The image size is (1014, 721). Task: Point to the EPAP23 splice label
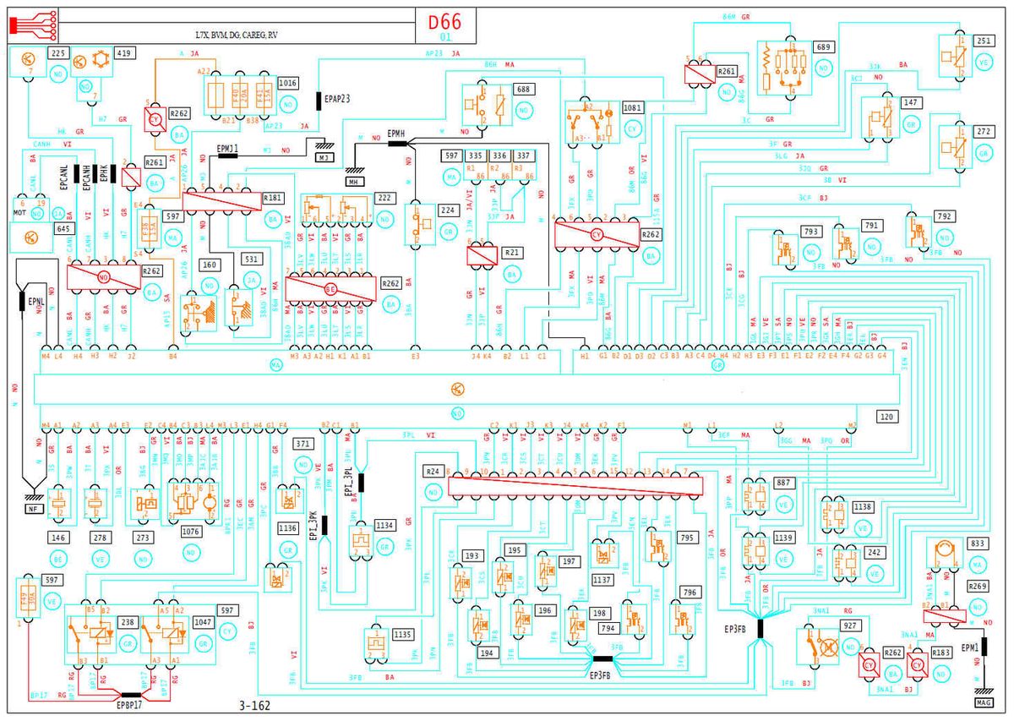(337, 100)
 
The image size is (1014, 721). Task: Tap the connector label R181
(273, 198)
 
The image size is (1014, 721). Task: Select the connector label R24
(433, 471)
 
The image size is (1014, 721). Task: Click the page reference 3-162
(255, 704)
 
